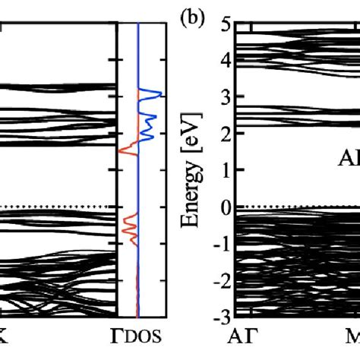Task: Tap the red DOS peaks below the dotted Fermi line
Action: (x=128, y=228)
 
